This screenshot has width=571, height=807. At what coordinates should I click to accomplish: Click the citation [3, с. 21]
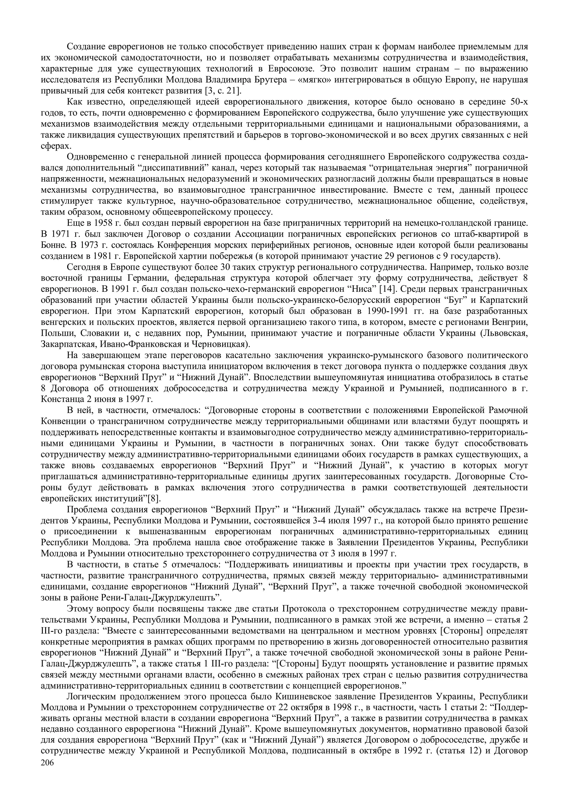pos(223,91)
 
